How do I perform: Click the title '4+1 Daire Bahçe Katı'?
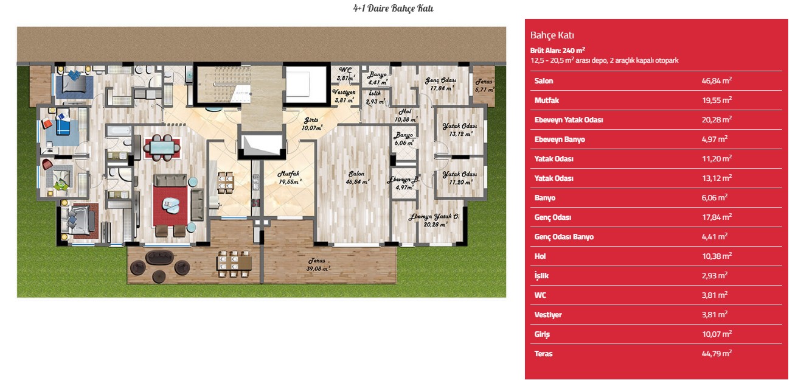(x=393, y=8)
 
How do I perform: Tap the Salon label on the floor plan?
(x=357, y=177)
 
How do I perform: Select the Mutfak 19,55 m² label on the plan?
(x=290, y=177)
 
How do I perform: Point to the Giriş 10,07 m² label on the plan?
(x=311, y=124)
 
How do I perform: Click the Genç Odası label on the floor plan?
(x=441, y=84)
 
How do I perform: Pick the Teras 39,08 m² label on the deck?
(x=317, y=264)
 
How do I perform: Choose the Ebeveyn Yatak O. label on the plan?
(x=434, y=220)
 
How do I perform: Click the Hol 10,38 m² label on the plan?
(x=406, y=115)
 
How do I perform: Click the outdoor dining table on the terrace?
(x=234, y=264)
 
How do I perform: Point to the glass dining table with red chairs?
(x=162, y=147)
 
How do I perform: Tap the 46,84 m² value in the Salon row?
(x=716, y=80)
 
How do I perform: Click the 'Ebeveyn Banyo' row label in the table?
(x=560, y=139)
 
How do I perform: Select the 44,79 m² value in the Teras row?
(x=716, y=354)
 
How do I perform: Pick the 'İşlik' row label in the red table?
(x=541, y=275)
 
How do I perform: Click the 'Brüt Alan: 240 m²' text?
(x=558, y=51)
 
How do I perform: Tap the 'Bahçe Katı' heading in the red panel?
(x=552, y=35)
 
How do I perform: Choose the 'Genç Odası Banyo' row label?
(x=564, y=236)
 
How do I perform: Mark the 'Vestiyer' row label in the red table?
(x=548, y=315)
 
